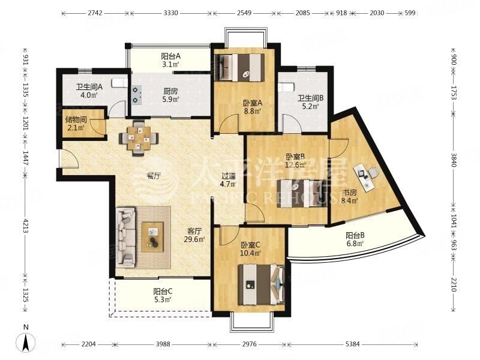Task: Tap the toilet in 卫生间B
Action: (286, 87)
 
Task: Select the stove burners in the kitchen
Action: (136, 95)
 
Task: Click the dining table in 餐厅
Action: (139, 139)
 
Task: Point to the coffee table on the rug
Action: (152, 237)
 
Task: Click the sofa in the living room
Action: (126, 237)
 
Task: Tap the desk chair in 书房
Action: (373, 173)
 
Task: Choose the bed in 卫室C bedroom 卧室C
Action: (262, 284)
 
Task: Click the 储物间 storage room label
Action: (76, 119)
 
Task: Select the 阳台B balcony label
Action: (355, 236)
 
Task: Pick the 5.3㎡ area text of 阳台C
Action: (162, 299)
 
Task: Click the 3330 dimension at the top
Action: (171, 13)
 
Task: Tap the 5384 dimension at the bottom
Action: (352, 344)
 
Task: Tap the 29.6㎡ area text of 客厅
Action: (194, 239)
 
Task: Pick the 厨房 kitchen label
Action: (170, 91)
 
